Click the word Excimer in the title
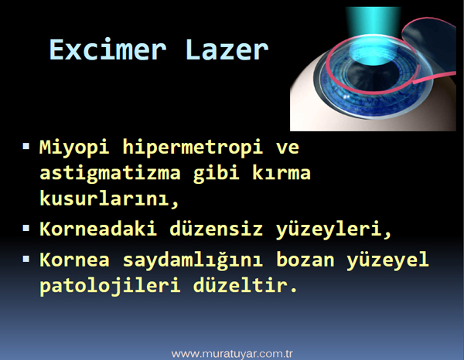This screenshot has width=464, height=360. pyautogui.click(x=107, y=49)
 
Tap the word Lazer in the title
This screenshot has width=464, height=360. pyautogui.click(x=227, y=50)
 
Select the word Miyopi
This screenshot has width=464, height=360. pyautogui.click(x=74, y=148)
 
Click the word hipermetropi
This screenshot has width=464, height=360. pyautogui.click(x=193, y=148)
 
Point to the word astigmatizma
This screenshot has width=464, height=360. pyautogui.click(x=110, y=174)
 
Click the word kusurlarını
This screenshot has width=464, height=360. pyautogui.click(x=109, y=199)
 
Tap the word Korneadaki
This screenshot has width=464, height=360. pyautogui.click(x=98, y=229)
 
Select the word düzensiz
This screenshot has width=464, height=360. pyautogui.click(x=216, y=229)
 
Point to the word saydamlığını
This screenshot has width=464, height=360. pyautogui.click(x=193, y=260)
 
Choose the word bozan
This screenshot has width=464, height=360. pyautogui.click(x=305, y=260)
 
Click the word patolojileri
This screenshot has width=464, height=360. pyautogui.click(x=110, y=286)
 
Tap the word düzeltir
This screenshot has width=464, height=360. pyautogui.click(x=245, y=285)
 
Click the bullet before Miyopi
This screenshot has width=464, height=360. pyautogui.click(x=26, y=146)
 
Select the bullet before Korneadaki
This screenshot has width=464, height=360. pyautogui.click(x=26, y=228)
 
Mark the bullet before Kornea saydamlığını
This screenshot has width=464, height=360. pyautogui.click(x=26, y=259)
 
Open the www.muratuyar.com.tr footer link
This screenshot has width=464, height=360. pyautogui.click(x=232, y=354)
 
